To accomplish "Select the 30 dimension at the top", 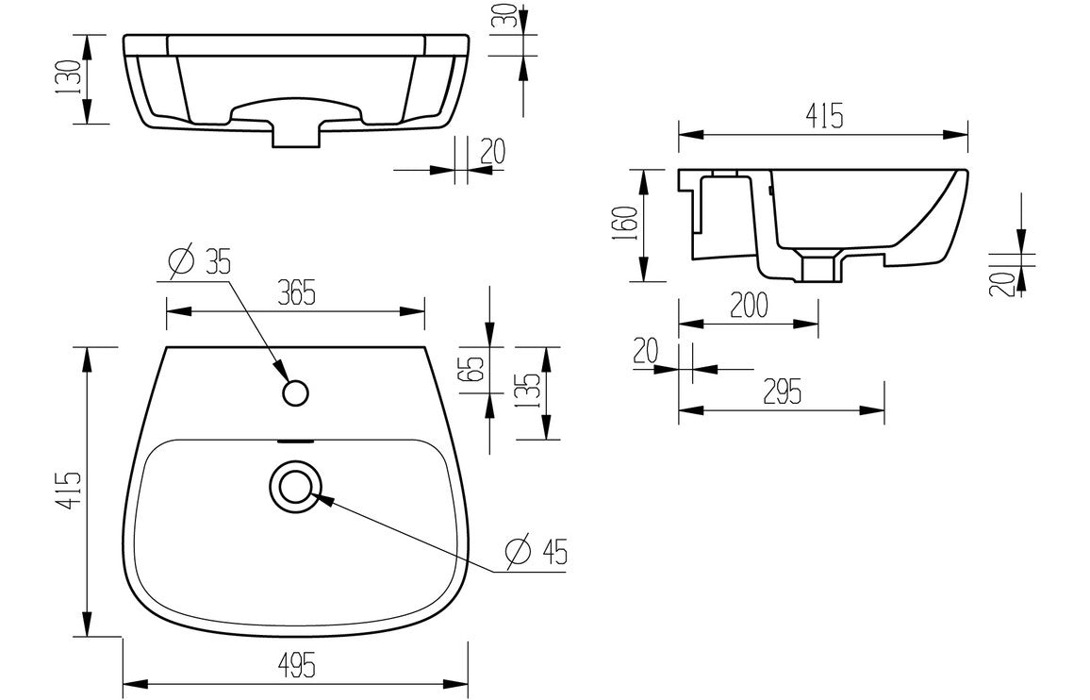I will click(x=511, y=18).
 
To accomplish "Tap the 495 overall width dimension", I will click(x=295, y=664).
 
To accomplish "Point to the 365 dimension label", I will click(x=295, y=293).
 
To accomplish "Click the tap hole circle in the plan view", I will click(x=296, y=392).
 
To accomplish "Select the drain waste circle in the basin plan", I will click(x=295, y=486).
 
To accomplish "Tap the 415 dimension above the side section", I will click(x=823, y=117).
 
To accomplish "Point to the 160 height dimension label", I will click(x=626, y=225).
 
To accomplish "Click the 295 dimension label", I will click(x=782, y=392).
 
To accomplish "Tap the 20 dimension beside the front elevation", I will click(x=491, y=151).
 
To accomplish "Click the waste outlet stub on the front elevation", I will click(x=296, y=134).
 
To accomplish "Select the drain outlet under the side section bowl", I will click(x=819, y=267).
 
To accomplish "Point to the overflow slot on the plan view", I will click(x=296, y=440).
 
